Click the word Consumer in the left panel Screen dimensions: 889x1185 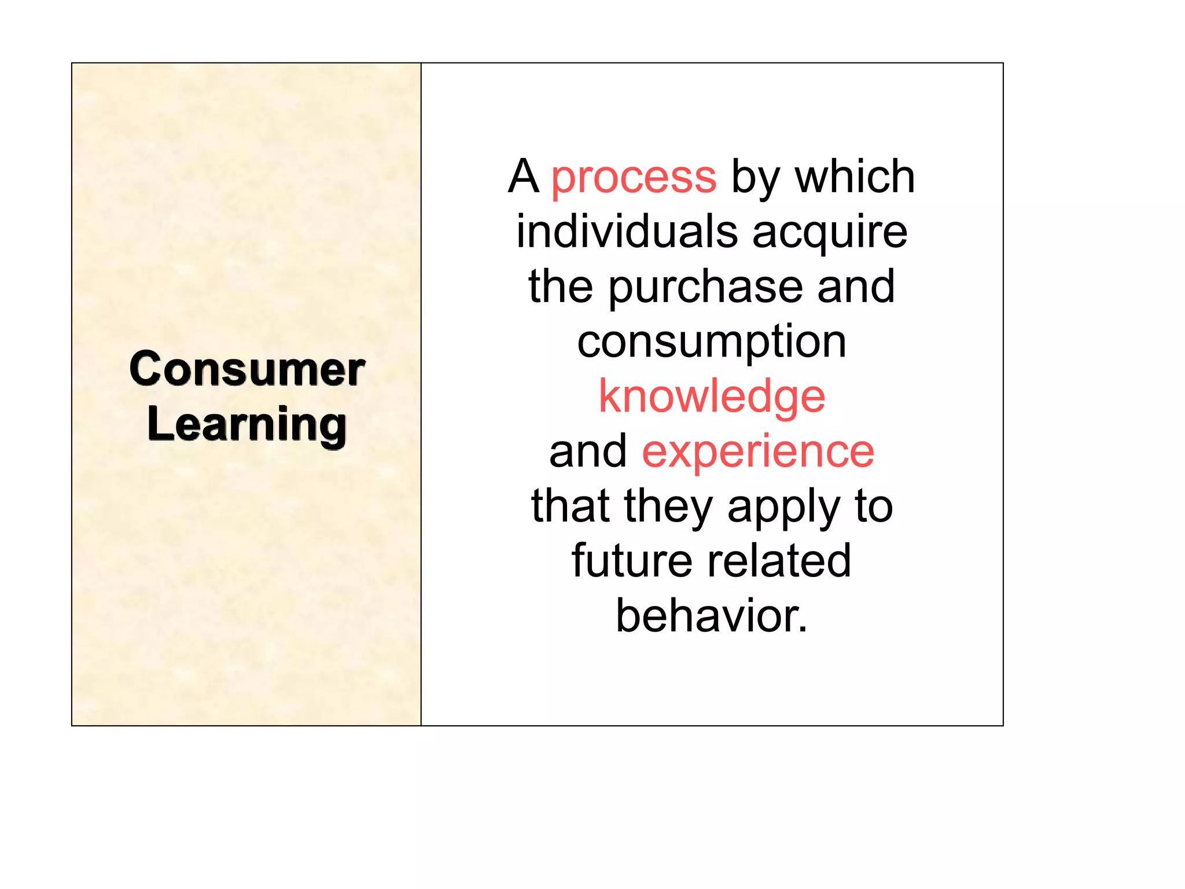pos(247,369)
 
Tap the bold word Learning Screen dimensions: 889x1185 pos(247,425)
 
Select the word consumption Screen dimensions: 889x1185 pos(712,342)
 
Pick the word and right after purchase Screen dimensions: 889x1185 pos(856,287)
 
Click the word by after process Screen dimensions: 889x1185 pos(755,178)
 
